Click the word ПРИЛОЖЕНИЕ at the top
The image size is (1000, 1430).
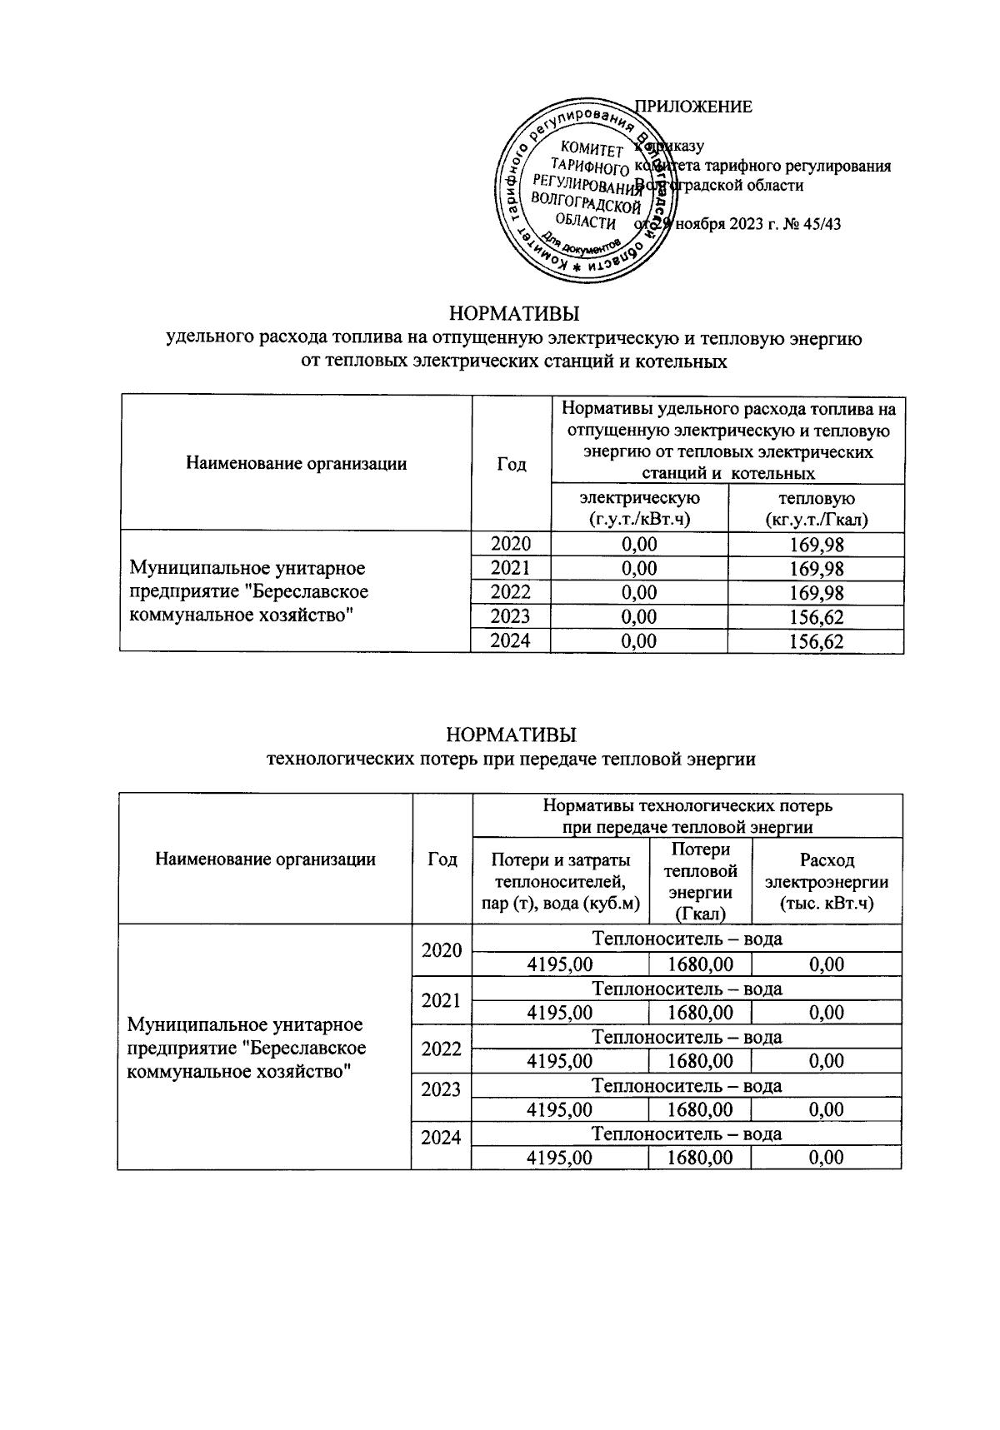tap(693, 107)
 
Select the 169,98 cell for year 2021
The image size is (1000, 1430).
tap(816, 569)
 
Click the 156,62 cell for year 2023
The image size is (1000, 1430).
tap(816, 617)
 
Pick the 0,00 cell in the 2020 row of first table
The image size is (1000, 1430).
tap(639, 545)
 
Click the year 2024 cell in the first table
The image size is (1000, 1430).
tap(511, 641)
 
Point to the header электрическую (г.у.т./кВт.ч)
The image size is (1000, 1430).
tap(639, 508)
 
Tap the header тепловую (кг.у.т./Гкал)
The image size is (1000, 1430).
tap(816, 508)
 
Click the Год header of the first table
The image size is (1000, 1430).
tap(511, 464)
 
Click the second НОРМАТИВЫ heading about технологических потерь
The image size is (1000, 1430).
tap(511, 735)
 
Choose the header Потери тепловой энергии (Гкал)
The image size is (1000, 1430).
tap(700, 881)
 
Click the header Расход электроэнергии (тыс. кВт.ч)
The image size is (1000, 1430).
tap(826, 881)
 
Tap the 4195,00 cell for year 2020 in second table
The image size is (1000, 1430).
tap(560, 965)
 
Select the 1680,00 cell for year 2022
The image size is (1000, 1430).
tap(700, 1062)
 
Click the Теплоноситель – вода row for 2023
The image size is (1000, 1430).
tap(687, 1085)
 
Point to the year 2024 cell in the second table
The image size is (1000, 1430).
tap(441, 1138)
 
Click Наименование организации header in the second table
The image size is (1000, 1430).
tap(265, 859)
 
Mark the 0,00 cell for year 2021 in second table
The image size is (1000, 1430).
tap(826, 1014)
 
